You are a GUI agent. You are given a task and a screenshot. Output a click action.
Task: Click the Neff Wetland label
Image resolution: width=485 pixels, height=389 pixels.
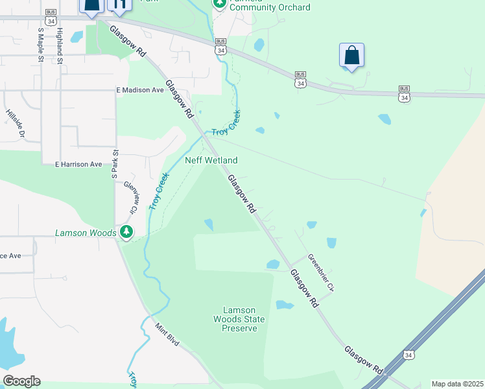coord(211,160)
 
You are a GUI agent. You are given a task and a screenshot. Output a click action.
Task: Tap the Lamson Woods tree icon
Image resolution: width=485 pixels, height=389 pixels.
coord(126,231)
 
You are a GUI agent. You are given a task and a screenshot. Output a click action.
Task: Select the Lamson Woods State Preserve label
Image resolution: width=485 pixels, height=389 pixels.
coord(239,319)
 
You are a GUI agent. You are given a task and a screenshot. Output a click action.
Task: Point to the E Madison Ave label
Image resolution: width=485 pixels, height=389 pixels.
coord(139,90)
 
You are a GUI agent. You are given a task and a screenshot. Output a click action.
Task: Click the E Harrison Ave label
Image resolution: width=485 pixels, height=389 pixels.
coord(78,165)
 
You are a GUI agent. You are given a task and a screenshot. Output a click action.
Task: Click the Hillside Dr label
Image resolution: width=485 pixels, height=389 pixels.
coord(15,123)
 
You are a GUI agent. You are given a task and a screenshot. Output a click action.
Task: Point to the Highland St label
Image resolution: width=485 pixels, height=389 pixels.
coord(59,45)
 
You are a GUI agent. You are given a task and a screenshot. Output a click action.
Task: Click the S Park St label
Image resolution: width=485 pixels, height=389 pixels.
coord(115,166)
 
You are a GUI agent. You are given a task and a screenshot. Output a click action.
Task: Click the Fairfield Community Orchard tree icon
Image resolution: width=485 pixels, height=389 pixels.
coord(220,4)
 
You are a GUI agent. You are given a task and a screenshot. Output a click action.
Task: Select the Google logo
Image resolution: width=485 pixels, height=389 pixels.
coord(21,381)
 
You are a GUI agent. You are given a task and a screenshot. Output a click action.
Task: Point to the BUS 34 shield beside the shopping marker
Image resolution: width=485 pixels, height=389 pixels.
coord(300,79)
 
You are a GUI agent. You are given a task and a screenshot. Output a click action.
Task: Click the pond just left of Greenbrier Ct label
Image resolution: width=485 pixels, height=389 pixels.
coord(272,265)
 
